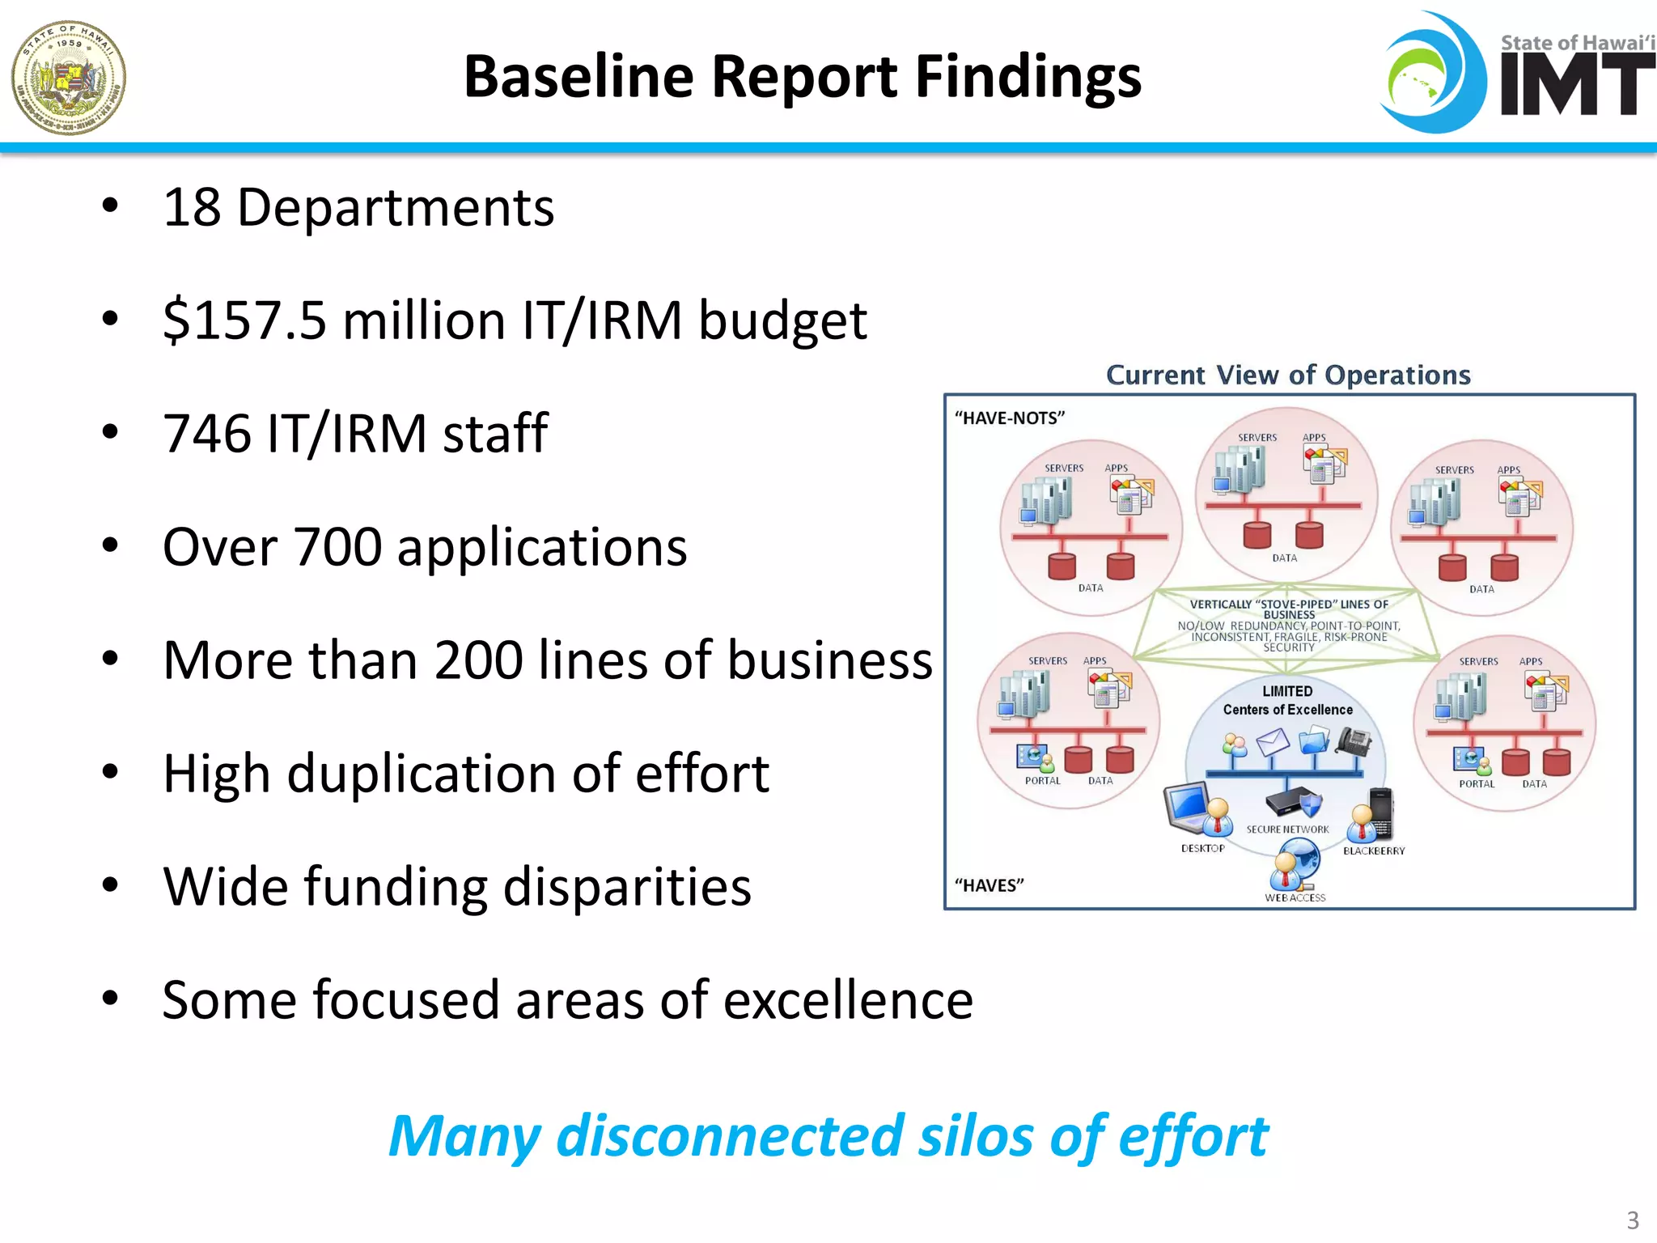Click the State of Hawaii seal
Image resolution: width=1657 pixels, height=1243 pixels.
click(x=69, y=78)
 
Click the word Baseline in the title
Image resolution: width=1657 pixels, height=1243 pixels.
click(x=579, y=77)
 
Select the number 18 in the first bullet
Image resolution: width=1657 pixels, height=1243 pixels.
click(x=192, y=207)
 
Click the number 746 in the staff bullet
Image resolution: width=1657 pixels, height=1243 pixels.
click(x=207, y=434)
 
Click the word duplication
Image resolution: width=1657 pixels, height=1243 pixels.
click(x=422, y=774)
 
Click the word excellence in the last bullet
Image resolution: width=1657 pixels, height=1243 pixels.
click(x=848, y=1000)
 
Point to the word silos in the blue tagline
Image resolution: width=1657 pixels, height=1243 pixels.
click(x=976, y=1136)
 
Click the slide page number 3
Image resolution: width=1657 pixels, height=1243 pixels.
click(x=1633, y=1220)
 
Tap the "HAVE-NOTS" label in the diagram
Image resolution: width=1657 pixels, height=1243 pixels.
click(x=1009, y=418)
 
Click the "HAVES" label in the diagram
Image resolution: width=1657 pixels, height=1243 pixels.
click(x=989, y=885)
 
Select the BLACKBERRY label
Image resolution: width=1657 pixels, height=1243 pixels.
click(x=1374, y=851)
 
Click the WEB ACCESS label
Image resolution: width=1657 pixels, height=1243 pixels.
click(x=1295, y=897)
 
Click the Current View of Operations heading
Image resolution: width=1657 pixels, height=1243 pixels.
click(x=1288, y=375)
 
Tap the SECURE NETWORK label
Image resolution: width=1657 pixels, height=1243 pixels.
click(x=1287, y=829)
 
